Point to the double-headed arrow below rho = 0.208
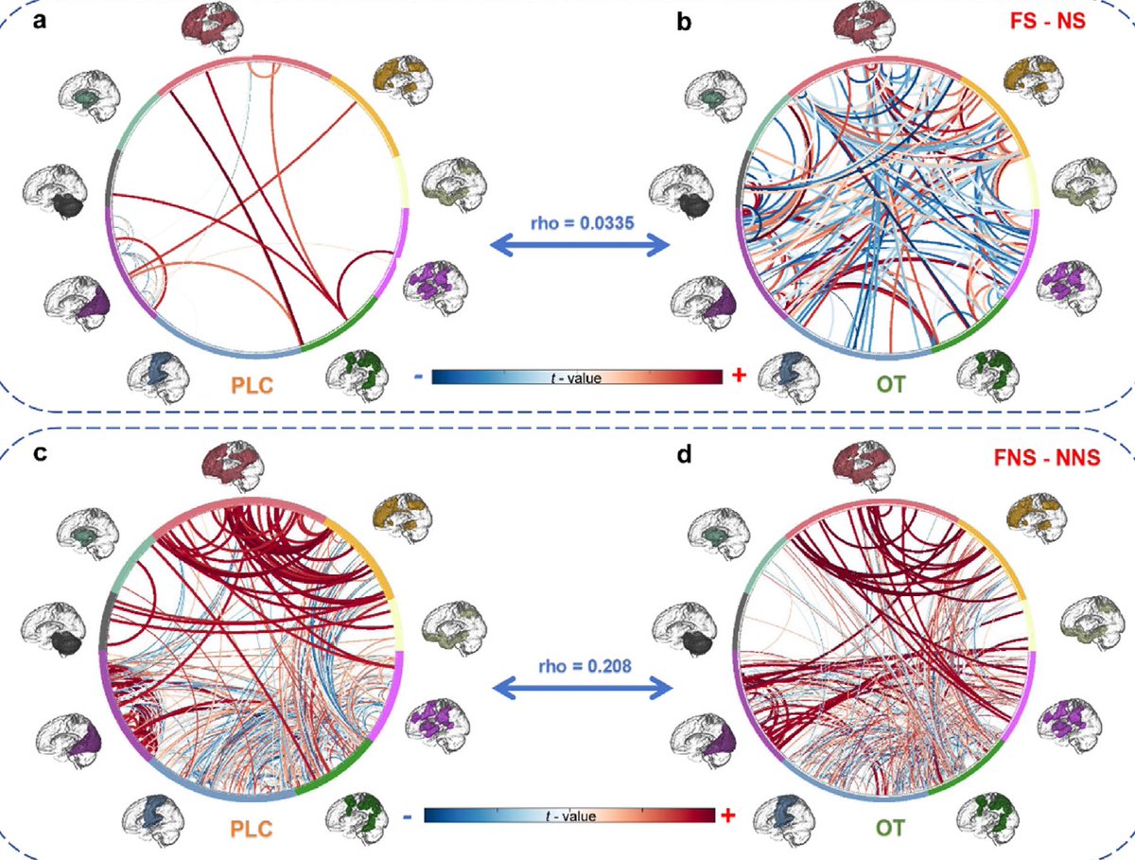click(581, 690)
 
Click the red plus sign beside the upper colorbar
click(739, 377)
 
